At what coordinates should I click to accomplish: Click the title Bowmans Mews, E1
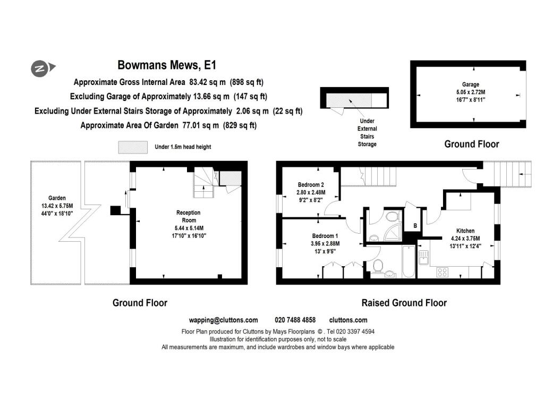pos(167,66)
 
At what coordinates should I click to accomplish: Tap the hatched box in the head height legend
pos(133,147)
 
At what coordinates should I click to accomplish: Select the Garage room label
pos(470,84)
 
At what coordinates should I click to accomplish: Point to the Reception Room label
pos(189,216)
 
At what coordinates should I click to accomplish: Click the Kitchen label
pos(465,231)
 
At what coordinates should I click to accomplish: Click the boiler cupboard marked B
pos(415,226)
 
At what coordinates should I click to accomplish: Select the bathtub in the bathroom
pos(408,261)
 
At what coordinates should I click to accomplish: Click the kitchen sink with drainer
pos(423,257)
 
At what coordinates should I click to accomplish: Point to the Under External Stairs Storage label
pos(367,132)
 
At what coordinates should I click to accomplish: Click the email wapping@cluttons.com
pos(223,320)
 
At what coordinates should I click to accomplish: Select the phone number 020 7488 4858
pos(295,320)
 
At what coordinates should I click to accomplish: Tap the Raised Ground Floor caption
pos(404,303)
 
